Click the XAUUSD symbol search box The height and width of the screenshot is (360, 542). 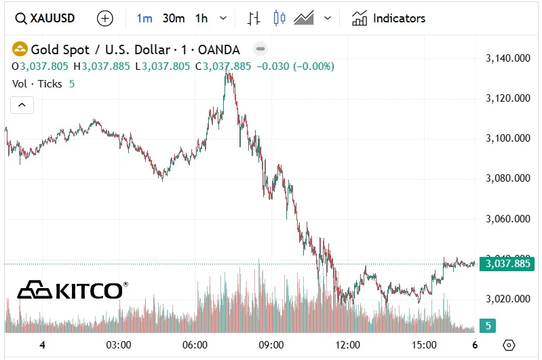pyautogui.click(x=46, y=18)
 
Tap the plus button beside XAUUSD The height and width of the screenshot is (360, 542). pyautogui.click(x=105, y=18)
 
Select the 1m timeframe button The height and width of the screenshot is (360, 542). pyautogui.click(x=144, y=18)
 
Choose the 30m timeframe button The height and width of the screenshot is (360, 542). pyautogui.click(x=174, y=18)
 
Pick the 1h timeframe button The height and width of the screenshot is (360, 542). pyautogui.click(x=201, y=18)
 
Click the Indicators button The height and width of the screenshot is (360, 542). pyautogui.click(x=389, y=18)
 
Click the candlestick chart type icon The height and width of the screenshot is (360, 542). pyautogui.click(x=279, y=18)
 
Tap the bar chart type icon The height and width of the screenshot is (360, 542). pyautogui.click(x=254, y=18)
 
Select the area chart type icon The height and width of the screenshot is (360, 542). pyautogui.click(x=303, y=18)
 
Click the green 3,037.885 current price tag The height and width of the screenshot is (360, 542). pyautogui.click(x=507, y=264)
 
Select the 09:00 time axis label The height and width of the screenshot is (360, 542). pyautogui.click(x=271, y=345)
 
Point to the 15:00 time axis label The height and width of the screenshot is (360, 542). pyautogui.click(x=425, y=345)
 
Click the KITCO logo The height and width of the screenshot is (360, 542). pyautogui.click(x=71, y=291)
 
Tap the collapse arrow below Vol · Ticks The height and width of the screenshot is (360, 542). pyautogui.click(x=22, y=105)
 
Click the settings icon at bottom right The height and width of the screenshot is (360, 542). pyautogui.click(x=509, y=345)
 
